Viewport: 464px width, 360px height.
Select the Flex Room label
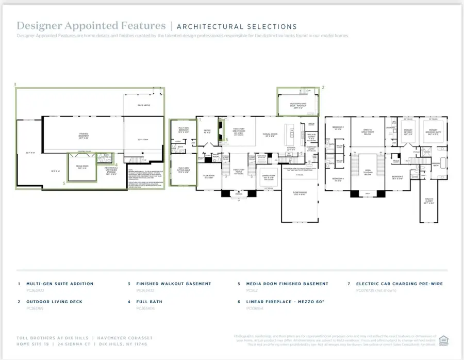point(209,176)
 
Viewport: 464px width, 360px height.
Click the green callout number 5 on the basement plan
point(64,183)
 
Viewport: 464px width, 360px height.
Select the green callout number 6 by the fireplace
point(226,139)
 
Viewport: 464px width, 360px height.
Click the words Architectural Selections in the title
point(237,26)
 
